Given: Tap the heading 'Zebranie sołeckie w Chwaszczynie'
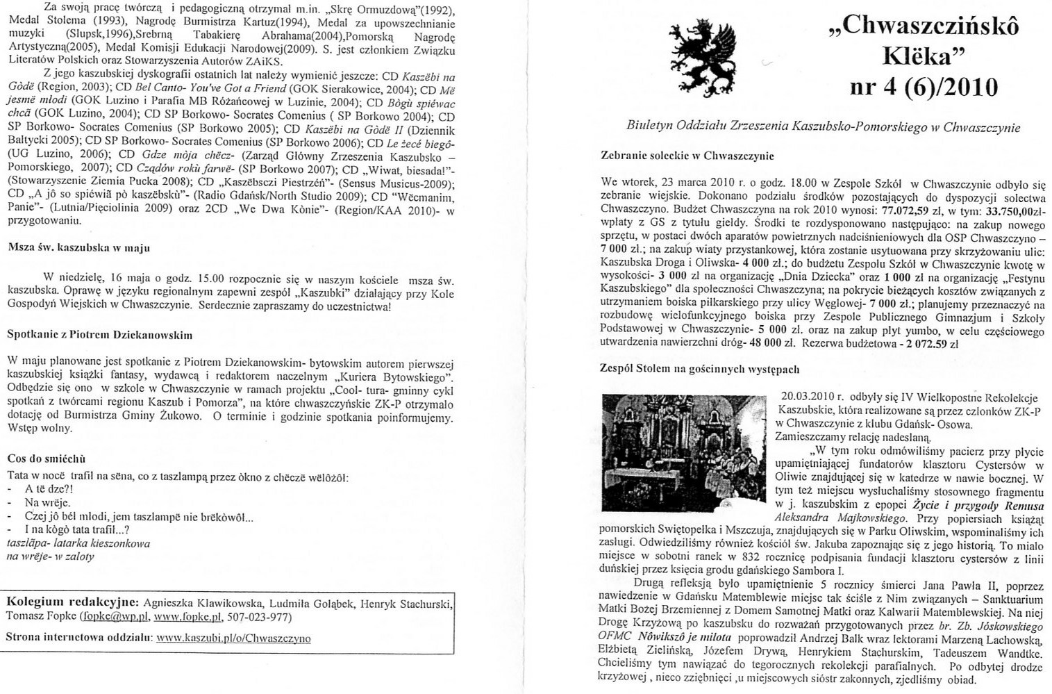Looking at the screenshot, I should [687, 156].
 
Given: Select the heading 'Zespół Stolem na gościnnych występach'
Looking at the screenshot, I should [699, 370].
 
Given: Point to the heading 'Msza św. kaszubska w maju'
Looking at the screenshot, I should [78, 248].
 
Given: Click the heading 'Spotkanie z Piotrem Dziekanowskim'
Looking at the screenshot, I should [100, 335].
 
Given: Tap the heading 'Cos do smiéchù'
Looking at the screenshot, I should [46, 459].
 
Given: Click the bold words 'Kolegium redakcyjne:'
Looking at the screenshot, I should [72, 602].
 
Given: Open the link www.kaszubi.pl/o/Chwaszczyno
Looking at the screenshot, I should [233, 638].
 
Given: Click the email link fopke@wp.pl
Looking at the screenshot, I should [115, 617].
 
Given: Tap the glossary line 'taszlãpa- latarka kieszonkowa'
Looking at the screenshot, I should [78, 543].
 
